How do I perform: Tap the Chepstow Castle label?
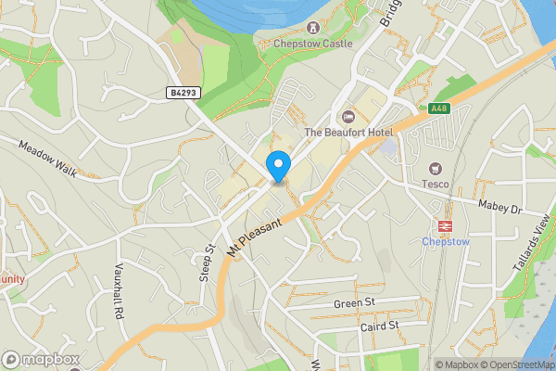click(x=313, y=43)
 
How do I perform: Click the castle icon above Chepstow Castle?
click(x=313, y=28)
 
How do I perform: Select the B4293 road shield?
click(x=183, y=92)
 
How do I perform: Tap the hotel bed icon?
click(x=348, y=117)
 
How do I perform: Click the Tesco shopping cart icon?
click(x=435, y=168)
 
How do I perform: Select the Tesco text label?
click(x=436, y=184)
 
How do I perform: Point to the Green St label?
click(x=355, y=303)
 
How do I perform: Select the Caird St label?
click(x=379, y=326)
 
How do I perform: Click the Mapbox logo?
click(x=41, y=359)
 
